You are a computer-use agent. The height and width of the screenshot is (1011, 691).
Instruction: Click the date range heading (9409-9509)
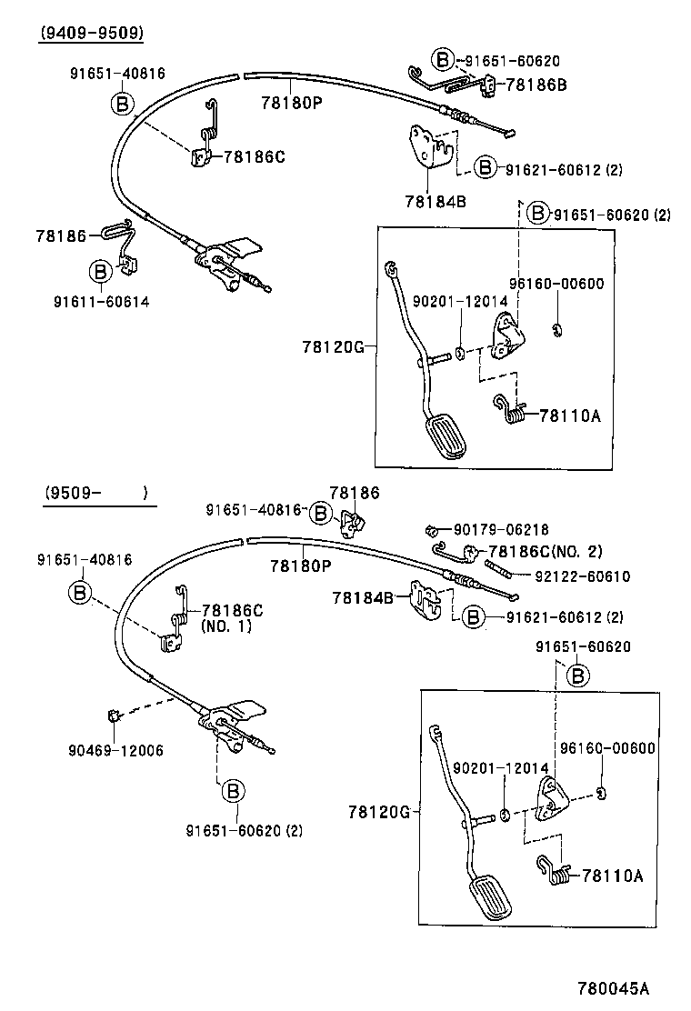click(x=91, y=34)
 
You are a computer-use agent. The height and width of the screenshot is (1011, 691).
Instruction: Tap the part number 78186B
click(x=536, y=85)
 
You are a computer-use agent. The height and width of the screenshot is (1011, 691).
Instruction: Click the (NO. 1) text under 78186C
click(x=225, y=626)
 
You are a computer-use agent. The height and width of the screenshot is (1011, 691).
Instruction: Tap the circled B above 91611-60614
click(x=99, y=271)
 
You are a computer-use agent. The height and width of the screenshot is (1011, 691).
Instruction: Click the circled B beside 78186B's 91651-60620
click(x=442, y=61)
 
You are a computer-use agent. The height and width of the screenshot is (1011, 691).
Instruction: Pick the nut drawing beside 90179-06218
click(x=433, y=529)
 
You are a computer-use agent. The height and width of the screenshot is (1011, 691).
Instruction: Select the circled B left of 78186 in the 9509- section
click(x=321, y=513)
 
